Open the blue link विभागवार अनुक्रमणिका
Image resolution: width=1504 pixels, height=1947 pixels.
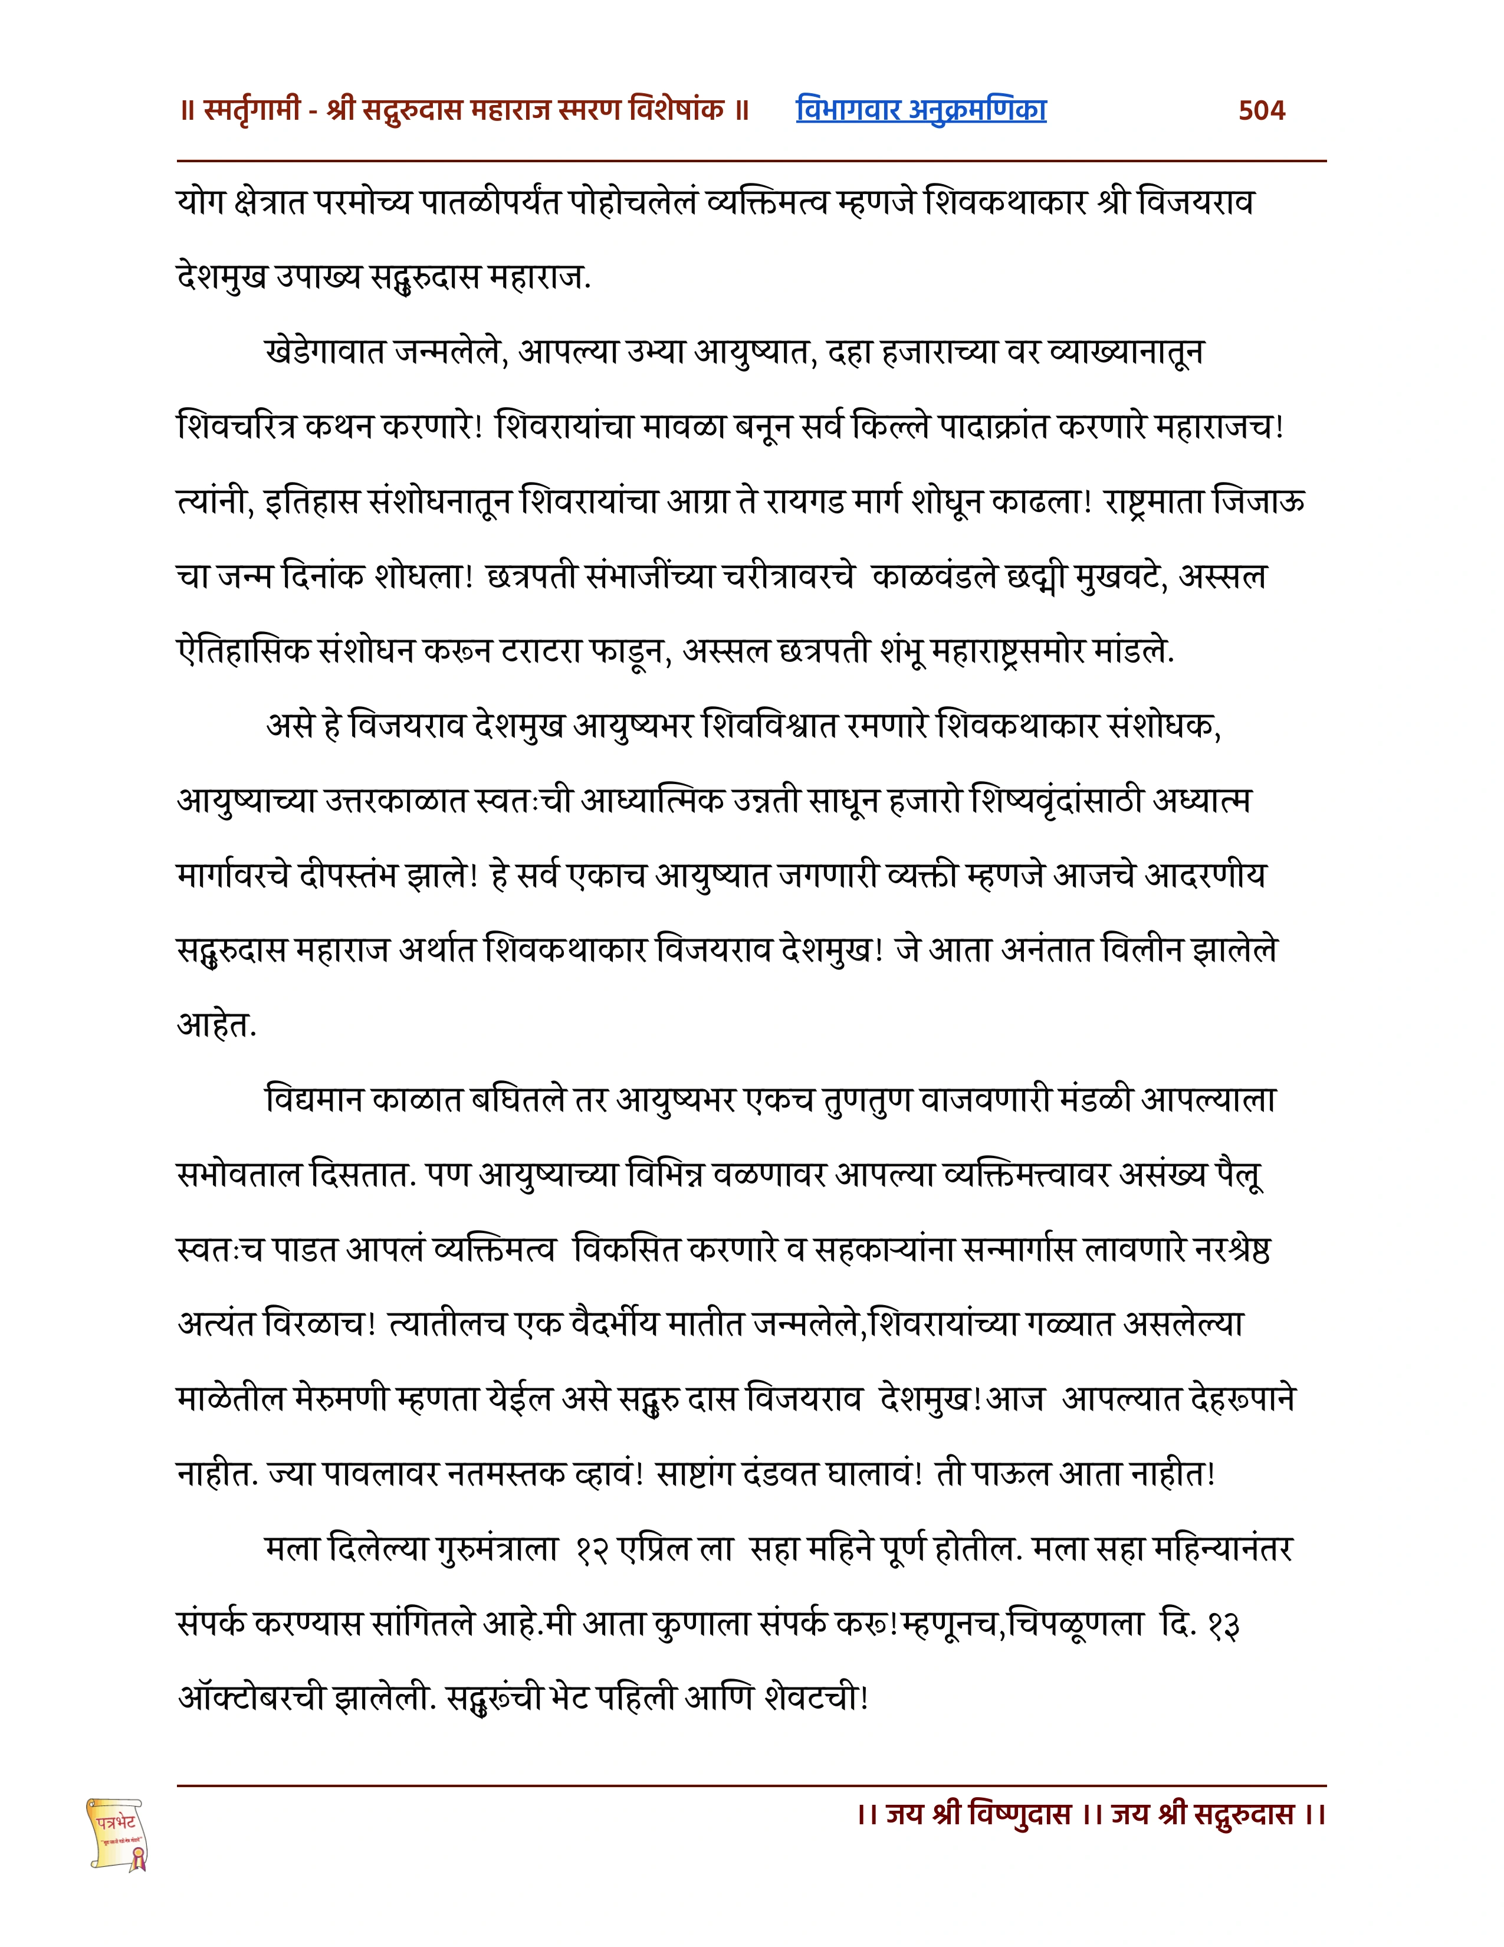coord(921,110)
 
